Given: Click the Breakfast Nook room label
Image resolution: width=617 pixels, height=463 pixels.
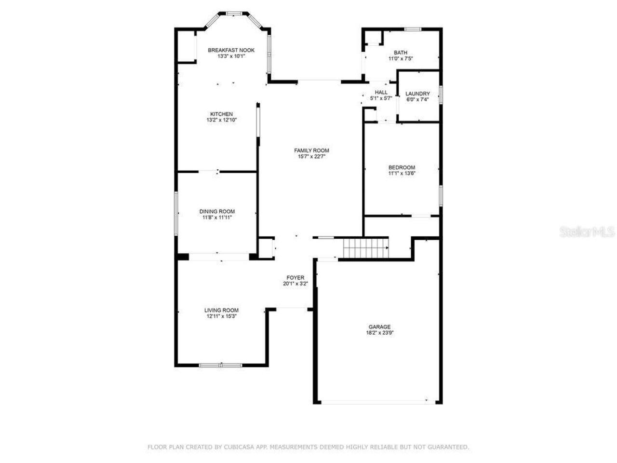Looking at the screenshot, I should point(231,50).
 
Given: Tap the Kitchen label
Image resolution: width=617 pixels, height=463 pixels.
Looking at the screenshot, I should point(221,114).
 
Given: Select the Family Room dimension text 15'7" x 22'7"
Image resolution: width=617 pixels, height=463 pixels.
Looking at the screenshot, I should point(311,156).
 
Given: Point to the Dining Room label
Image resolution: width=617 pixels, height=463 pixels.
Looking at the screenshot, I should point(217,211).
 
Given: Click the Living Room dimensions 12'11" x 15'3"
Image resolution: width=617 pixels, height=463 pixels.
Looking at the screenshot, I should point(221,316).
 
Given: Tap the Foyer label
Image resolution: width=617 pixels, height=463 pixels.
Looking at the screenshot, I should point(295,278).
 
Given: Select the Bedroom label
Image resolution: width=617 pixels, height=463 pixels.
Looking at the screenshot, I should point(402,167).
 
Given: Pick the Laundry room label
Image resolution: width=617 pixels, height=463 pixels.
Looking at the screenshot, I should point(417,94).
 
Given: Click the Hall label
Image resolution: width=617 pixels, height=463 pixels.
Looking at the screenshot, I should point(381,92).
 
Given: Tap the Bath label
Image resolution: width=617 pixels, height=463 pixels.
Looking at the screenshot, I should point(401,53).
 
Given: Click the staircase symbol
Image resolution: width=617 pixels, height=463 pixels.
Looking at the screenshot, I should point(365,249).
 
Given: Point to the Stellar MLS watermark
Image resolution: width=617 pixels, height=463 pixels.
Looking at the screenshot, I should point(587,232).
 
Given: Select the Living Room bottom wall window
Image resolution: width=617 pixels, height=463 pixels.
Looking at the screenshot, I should point(221,365).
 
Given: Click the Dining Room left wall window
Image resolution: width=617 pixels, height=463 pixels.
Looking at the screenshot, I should point(176,214).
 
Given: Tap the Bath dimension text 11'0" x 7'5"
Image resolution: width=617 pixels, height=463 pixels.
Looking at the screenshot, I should point(401,59).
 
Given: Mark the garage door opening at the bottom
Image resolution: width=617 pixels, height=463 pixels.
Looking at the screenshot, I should point(374,401).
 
